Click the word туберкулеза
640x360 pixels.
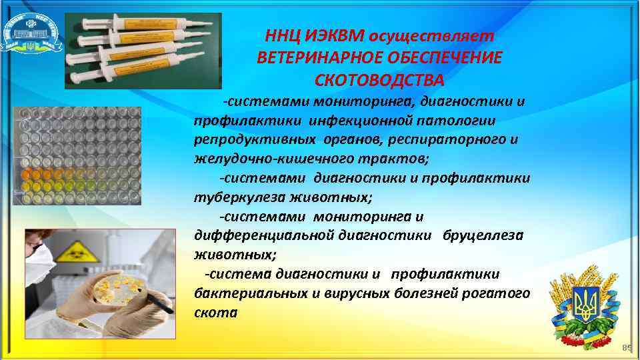pyautogui.click(x=233, y=197)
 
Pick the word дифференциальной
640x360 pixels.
pyautogui.click(x=251, y=235)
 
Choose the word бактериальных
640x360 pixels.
pyautogui.click(x=239, y=293)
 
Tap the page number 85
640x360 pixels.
pyautogui.click(x=626, y=348)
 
